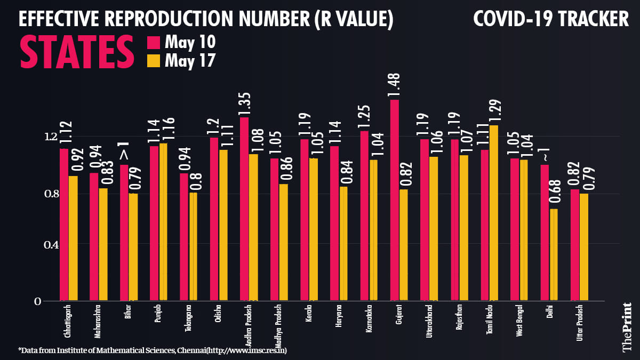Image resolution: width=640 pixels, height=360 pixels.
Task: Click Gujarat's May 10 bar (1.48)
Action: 395,200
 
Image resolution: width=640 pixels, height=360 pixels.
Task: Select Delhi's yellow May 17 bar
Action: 554,255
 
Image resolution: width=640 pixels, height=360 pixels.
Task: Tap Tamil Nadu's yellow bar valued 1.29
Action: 494,213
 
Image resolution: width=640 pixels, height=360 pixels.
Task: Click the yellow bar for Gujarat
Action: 403,245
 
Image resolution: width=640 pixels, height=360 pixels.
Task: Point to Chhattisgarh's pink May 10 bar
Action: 64,225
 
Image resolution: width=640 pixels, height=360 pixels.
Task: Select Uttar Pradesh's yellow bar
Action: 584,247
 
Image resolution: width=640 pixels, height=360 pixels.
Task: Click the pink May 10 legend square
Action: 153,42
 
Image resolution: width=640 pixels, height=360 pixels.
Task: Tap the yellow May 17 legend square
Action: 153,61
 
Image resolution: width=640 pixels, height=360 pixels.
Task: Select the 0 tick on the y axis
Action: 37,301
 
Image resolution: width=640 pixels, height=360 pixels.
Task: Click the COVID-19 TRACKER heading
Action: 551,20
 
